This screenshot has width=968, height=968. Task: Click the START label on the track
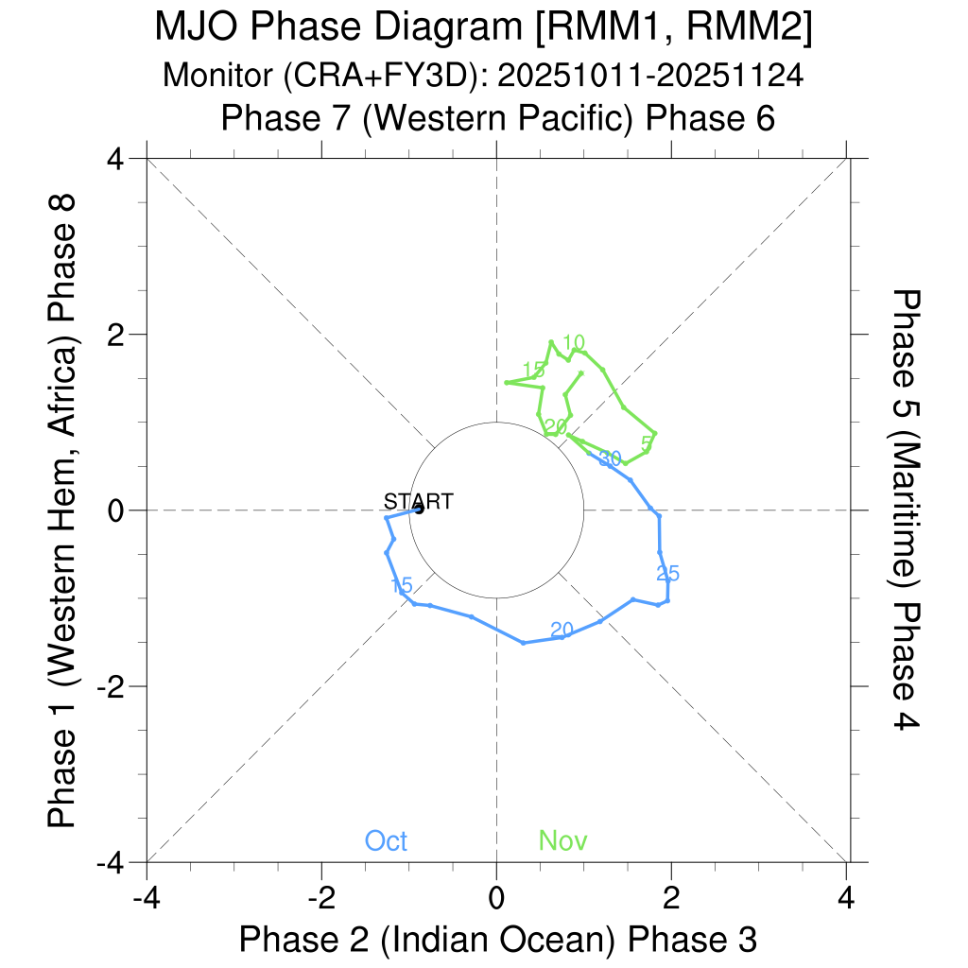pyautogui.click(x=418, y=502)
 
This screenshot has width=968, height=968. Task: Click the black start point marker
pyautogui.click(x=418, y=510)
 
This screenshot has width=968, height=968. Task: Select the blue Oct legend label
pyautogui.click(x=386, y=840)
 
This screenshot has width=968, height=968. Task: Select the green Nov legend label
pyautogui.click(x=563, y=840)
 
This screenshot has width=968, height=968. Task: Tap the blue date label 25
pyautogui.click(x=668, y=573)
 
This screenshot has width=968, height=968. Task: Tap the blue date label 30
pyautogui.click(x=610, y=458)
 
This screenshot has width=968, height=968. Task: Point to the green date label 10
pyautogui.click(x=574, y=342)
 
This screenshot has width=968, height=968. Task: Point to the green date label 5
pyautogui.click(x=647, y=442)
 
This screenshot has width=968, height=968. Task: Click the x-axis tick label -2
pyautogui.click(x=321, y=894)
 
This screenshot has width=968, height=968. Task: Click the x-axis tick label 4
pyautogui.click(x=846, y=894)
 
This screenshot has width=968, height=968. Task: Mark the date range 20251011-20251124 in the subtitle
pyautogui.click(x=650, y=75)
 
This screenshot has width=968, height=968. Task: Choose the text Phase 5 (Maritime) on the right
pyautogui.click(x=906, y=435)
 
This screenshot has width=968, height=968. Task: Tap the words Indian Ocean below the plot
pyautogui.click(x=501, y=940)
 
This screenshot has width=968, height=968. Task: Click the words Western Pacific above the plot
pyautogui.click(x=497, y=119)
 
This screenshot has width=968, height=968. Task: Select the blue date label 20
pyautogui.click(x=562, y=630)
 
